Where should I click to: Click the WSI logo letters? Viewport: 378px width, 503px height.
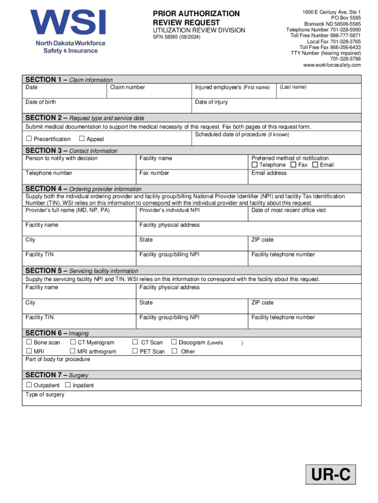point(68,23)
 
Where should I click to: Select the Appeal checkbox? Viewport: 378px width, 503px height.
point(81,139)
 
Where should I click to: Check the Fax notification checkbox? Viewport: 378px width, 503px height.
point(293,165)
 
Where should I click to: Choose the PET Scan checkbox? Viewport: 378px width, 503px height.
point(135,351)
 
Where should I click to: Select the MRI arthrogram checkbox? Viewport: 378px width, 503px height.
point(73,351)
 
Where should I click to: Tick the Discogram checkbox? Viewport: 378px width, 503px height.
point(173,342)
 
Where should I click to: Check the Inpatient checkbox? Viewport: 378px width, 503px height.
point(68,385)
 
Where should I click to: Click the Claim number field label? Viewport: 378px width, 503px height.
point(127,87)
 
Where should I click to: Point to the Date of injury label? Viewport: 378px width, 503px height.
point(211,102)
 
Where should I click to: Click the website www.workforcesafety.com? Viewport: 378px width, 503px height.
point(332,65)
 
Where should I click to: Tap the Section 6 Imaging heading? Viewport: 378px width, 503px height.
point(57,333)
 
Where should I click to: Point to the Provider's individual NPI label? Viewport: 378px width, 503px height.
point(169,210)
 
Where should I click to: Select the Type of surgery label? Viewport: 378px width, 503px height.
point(45,394)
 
